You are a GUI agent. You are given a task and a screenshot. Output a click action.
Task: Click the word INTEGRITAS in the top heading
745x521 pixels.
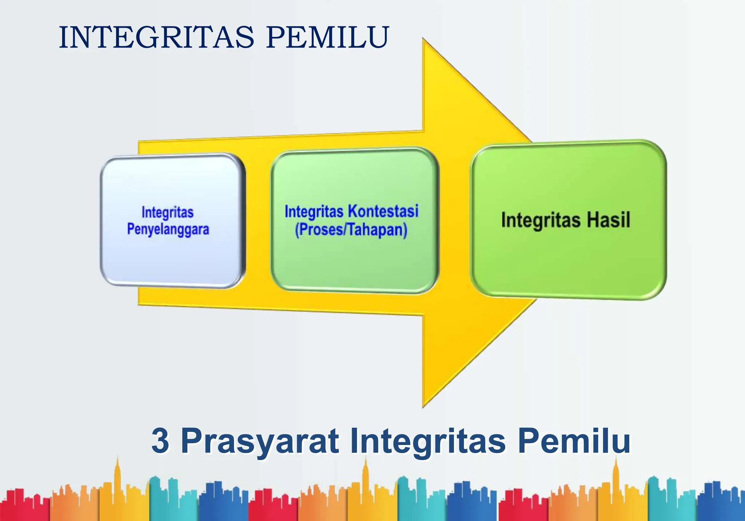pyautogui.click(x=156, y=37)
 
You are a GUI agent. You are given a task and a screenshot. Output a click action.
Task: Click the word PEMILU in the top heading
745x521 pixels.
pyautogui.click(x=327, y=37)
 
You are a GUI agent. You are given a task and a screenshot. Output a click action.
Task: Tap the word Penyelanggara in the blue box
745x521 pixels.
pyautogui.click(x=168, y=229)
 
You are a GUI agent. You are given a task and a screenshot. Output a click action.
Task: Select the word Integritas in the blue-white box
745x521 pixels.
pyautogui.click(x=167, y=212)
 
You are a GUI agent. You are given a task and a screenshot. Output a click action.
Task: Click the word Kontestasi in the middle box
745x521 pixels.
pyautogui.click(x=383, y=211)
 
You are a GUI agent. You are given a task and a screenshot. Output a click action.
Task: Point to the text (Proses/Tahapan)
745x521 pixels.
pyautogui.click(x=351, y=230)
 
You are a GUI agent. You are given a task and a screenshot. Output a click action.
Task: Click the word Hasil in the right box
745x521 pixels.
pyautogui.click(x=608, y=220)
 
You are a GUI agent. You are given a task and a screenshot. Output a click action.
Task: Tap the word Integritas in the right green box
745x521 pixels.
pyautogui.click(x=541, y=220)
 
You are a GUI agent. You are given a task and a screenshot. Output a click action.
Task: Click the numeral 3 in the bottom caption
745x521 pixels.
pyautogui.click(x=160, y=441)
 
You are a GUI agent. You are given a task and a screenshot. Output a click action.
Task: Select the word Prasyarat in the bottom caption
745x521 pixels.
pyautogui.click(x=260, y=441)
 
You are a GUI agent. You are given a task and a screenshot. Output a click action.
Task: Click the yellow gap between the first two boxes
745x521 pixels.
pyautogui.click(x=258, y=222)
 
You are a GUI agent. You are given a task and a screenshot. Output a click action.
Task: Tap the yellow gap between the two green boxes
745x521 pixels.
pyautogui.click(x=455, y=222)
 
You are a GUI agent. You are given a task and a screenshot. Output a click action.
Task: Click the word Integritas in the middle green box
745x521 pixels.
pyautogui.click(x=314, y=212)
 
